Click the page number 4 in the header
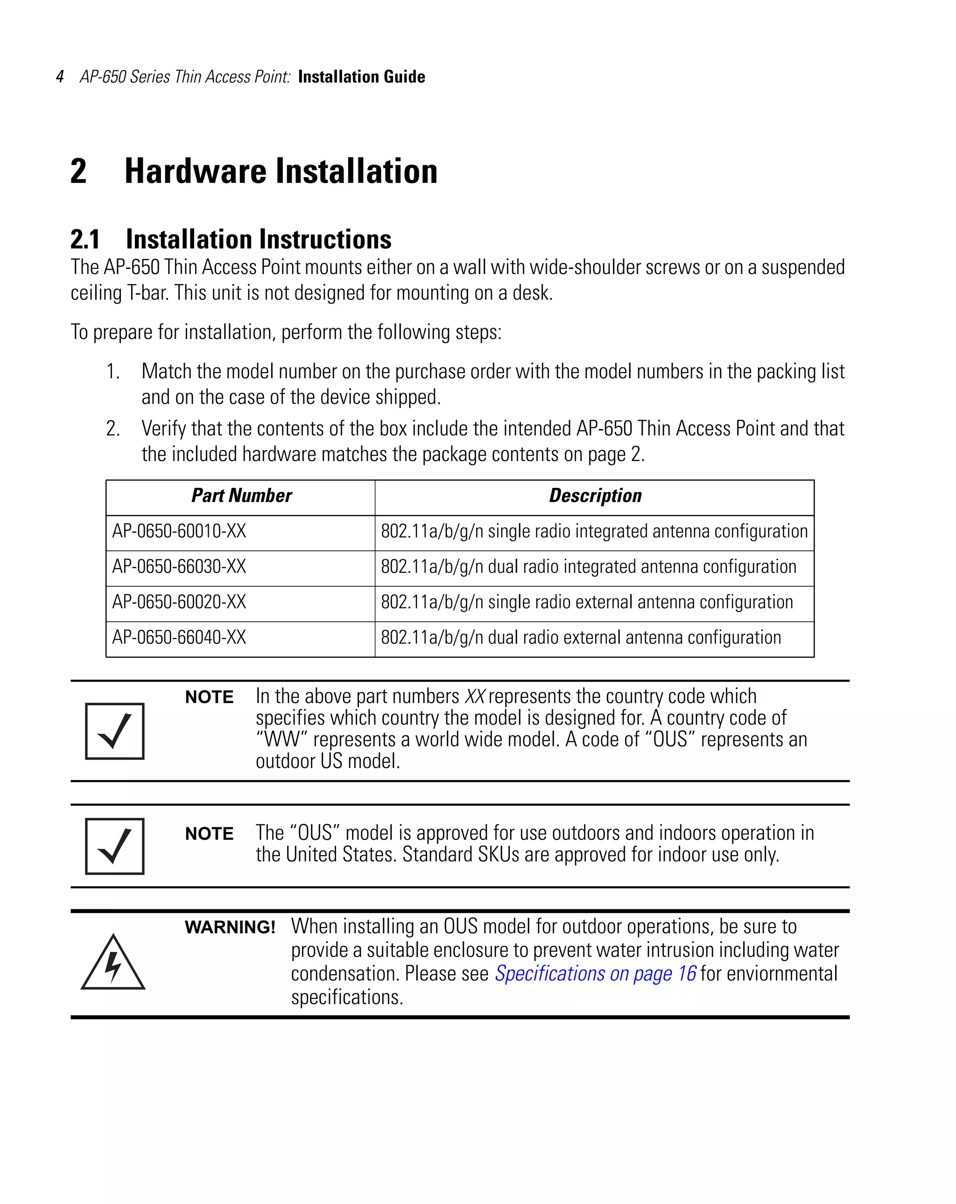(x=60, y=77)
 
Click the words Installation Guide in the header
(x=361, y=77)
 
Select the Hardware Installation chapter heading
(x=281, y=171)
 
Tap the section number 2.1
(x=85, y=239)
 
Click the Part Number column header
(x=241, y=496)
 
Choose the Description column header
(x=595, y=496)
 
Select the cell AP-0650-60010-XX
(x=179, y=531)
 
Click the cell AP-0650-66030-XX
(x=179, y=567)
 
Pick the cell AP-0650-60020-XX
(x=179, y=602)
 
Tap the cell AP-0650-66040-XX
(x=179, y=638)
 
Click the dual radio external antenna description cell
(x=581, y=638)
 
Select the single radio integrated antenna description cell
(x=594, y=531)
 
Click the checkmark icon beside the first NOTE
(x=114, y=731)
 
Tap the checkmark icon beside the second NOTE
(x=114, y=846)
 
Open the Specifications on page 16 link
(x=595, y=973)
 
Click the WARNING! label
(x=230, y=928)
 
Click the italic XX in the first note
(x=475, y=697)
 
